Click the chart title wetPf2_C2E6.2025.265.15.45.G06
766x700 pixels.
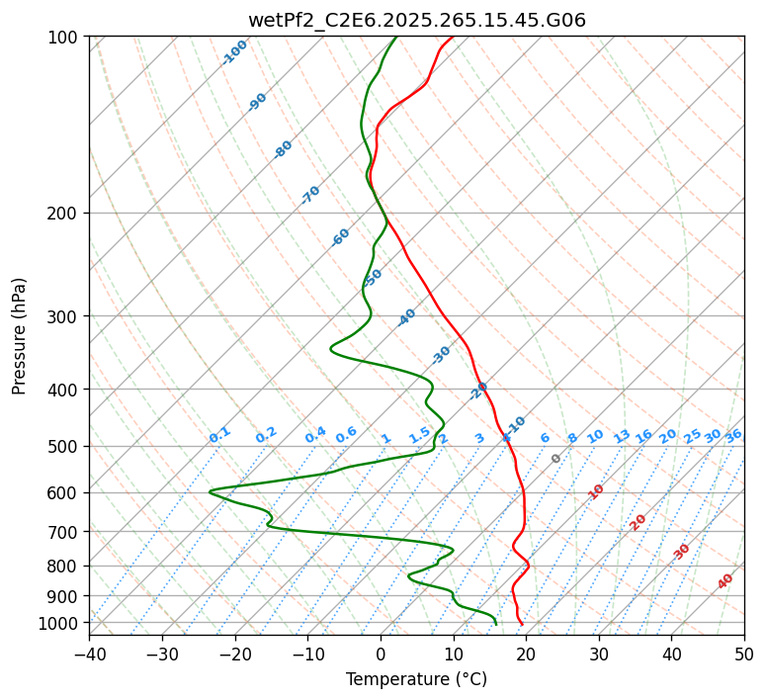tap(416, 20)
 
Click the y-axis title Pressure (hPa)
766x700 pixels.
tap(20, 336)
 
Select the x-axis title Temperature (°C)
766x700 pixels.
tap(416, 679)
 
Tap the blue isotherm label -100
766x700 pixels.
tap(234, 52)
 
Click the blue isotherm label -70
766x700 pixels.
tap(310, 195)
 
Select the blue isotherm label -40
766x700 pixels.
tap(406, 317)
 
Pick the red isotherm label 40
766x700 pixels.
tap(725, 581)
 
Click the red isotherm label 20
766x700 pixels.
tap(638, 521)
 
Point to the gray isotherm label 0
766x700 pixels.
tap(556, 459)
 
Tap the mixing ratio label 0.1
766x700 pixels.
tap(219, 434)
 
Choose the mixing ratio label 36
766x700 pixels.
tap(732, 435)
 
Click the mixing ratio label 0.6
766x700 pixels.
tap(346, 435)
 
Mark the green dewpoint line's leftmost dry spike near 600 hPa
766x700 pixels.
tap(210, 490)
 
